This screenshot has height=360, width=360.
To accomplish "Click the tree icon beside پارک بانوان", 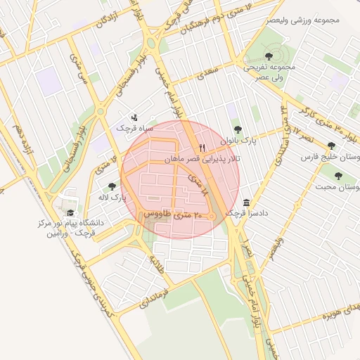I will pos(236,129).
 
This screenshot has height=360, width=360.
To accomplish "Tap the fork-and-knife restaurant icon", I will pos(202,148).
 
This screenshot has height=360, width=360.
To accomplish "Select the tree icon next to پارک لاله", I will pos(112,186).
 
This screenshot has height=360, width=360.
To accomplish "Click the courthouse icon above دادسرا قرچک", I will pos(246,202).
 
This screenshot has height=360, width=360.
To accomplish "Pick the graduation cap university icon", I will pos(70,213).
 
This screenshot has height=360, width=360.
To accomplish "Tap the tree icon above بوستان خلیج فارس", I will pos(331,146).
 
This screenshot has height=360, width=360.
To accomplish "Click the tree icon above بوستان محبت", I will pos(338,176).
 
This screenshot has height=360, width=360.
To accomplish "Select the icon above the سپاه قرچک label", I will pos(134,117).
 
